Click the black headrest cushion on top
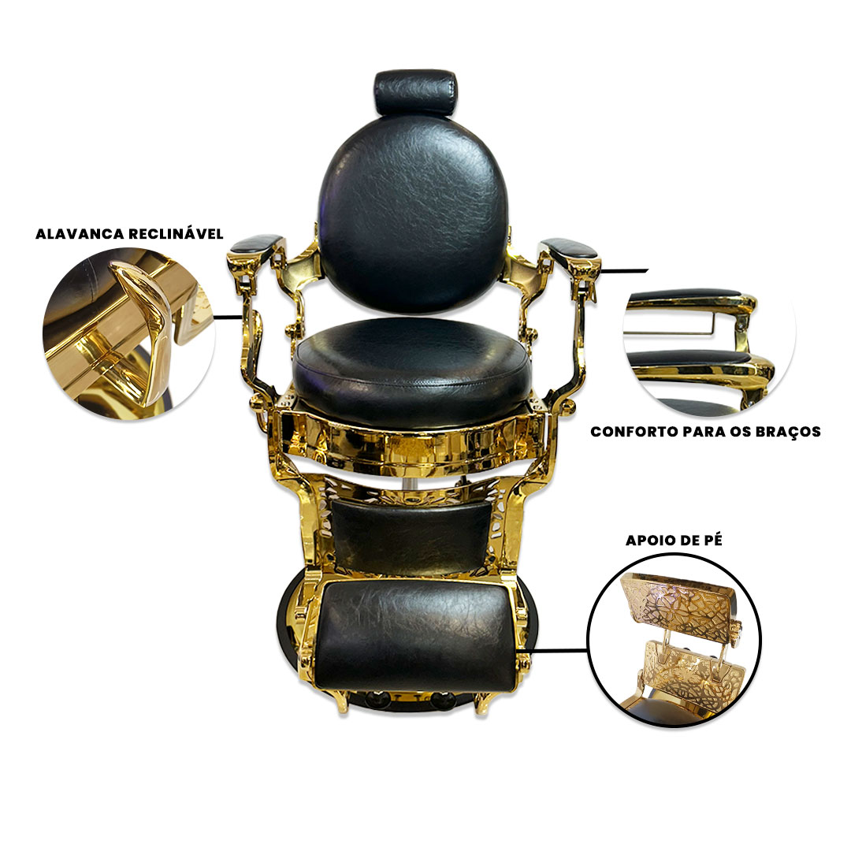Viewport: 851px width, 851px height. pos(416,93)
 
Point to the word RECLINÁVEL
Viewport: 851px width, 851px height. pos(176,233)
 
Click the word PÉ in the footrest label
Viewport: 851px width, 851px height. pos(713,540)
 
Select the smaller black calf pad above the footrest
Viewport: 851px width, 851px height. pos(411,535)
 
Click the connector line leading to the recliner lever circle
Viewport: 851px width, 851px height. pos(227,317)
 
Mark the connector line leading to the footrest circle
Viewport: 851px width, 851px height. pos(552,649)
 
